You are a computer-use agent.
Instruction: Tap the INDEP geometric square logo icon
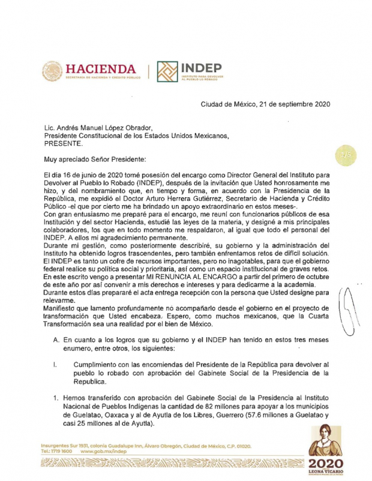[167, 71]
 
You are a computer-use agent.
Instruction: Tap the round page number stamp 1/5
[345, 155]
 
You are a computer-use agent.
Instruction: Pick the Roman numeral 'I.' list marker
[55, 364]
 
